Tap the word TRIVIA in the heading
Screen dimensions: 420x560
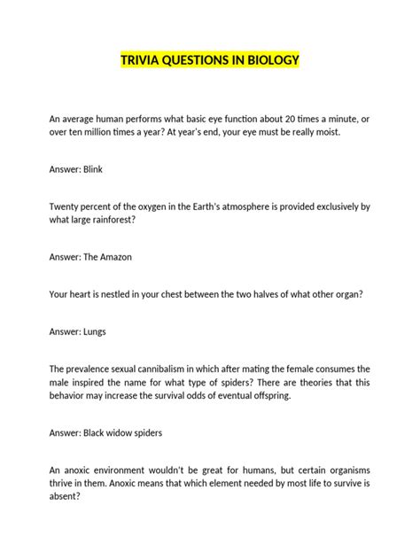pos(142,60)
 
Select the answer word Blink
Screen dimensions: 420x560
pos(94,168)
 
